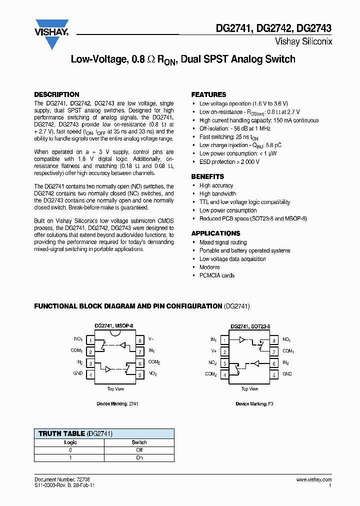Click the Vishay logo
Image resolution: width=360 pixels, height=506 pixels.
click(x=51, y=33)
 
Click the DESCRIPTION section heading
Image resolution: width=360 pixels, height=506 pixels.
click(x=56, y=94)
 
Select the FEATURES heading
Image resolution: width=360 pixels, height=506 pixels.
click(x=208, y=94)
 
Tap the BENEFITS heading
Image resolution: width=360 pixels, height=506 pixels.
click(x=207, y=176)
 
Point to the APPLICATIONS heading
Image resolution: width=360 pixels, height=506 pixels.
click(x=215, y=233)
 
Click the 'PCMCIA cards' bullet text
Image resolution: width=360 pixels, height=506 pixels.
click(x=217, y=275)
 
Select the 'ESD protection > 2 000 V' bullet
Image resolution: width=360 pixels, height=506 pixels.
click(x=229, y=162)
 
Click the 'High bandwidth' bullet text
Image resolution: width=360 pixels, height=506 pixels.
click(x=217, y=194)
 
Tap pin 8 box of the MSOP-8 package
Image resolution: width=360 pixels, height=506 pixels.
click(x=140, y=340)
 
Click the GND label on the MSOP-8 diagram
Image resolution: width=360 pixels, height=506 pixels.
click(x=78, y=373)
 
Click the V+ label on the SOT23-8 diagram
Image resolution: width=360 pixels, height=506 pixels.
click(x=213, y=351)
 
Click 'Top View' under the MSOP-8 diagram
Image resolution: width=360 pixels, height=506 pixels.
click(x=115, y=388)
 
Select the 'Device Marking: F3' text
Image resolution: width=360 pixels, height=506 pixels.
click(x=254, y=403)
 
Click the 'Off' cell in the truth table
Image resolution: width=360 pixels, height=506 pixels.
click(x=139, y=450)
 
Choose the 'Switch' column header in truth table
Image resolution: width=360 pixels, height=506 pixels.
click(x=139, y=442)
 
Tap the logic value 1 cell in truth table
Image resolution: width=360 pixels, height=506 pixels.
click(x=70, y=457)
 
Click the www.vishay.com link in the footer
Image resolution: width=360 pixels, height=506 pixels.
click(x=313, y=479)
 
